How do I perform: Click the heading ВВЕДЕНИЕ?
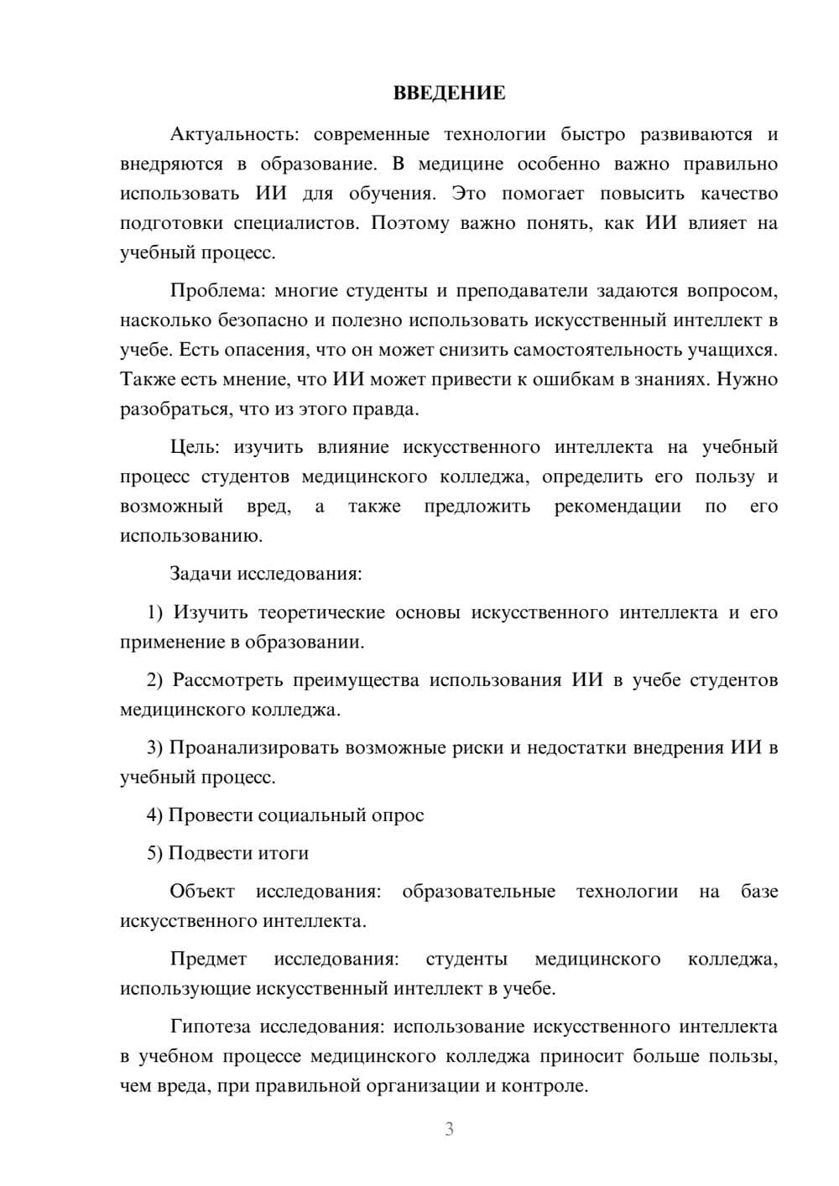click(449, 93)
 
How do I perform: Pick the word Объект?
click(201, 891)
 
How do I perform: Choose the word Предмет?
click(208, 959)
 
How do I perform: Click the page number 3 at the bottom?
click(449, 1129)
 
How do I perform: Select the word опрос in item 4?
click(398, 815)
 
